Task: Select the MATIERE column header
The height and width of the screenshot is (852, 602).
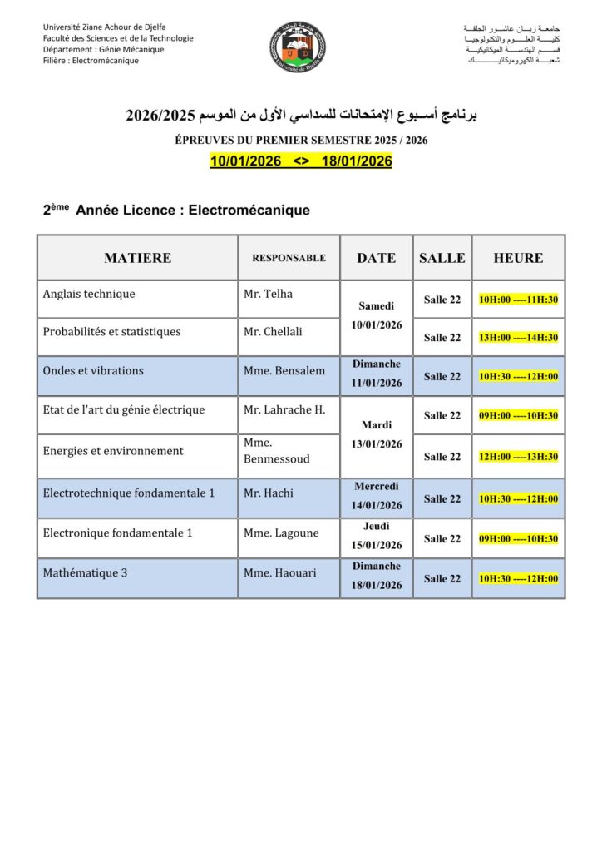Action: (x=137, y=258)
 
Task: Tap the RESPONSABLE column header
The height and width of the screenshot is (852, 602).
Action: (x=289, y=258)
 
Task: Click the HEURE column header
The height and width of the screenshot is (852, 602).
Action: (x=518, y=258)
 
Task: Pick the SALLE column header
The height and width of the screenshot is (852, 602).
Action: (x=442, y=258)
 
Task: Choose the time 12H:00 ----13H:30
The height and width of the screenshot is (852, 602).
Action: (x=518, y=457)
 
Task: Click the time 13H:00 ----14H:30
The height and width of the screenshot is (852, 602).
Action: (x=518, y=338)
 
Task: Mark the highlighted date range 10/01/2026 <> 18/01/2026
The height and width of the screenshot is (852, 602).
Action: (x=301, y=161)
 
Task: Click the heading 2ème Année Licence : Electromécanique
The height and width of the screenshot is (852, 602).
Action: (x=176, y=211)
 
